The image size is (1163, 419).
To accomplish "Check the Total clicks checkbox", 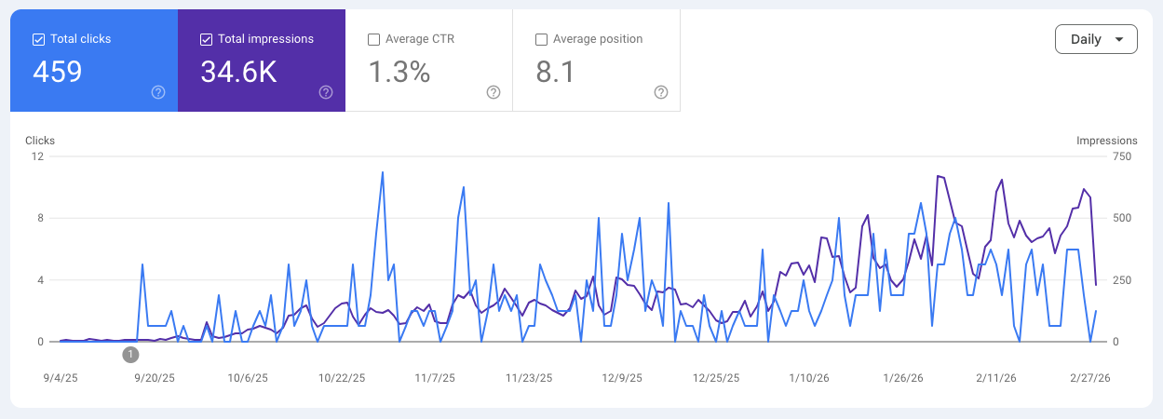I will (x=38, y=39).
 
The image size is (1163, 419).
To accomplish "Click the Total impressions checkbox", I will (x=206, y=39).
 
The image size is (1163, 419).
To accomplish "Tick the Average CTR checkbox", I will (x=373, y=39).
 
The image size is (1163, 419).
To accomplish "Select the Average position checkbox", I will (x=541, y=39).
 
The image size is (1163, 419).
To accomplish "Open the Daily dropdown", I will (x=1096, y=39).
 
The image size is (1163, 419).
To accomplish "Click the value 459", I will (x=58, y=72).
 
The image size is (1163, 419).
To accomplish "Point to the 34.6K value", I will (x=238, y=72).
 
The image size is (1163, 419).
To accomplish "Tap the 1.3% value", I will (x=399, y=72).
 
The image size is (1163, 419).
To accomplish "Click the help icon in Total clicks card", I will (x=158, y=92).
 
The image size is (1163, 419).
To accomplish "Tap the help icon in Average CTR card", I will (x=494, y=92).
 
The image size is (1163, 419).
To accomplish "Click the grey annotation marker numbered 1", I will (x=130, y=354).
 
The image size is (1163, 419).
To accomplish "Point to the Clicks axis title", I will (x=40, y=141).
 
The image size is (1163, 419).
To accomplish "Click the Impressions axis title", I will (x=1106, y=141).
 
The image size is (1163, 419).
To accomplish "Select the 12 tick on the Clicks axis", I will (x=38, y=156).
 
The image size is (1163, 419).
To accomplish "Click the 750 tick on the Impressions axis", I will (x=1122, y=156).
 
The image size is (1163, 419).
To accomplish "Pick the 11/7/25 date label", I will (x=435, y=378).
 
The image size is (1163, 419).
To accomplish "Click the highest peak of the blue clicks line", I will (x=383, y=172).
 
